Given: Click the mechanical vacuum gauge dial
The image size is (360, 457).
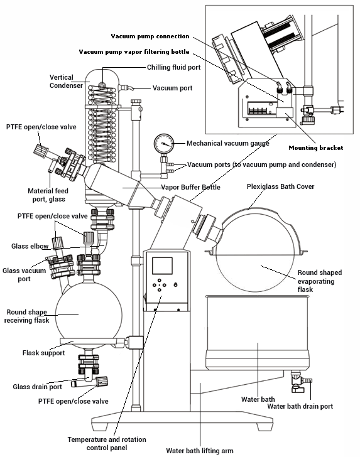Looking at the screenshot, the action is coord(163,144).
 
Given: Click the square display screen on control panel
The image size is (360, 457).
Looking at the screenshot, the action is coord(162,266).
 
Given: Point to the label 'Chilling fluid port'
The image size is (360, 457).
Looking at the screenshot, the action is coord(173,67).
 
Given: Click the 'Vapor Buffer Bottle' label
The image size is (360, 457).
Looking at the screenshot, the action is coord(190,187).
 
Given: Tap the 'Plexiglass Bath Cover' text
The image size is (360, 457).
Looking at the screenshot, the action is coord(280,186).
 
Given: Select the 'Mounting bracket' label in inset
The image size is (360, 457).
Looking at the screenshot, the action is coord(315,148).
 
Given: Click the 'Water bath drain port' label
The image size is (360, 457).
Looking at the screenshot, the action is coord(300,406).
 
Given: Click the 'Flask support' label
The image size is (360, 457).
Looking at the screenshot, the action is coord(44,353).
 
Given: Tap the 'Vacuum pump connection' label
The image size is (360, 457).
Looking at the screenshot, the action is coord(150,36).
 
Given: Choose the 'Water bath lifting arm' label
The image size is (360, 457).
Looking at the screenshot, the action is coord(200,451).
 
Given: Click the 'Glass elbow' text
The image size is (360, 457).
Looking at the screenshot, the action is coord(30,246).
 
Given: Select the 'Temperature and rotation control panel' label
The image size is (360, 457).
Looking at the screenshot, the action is coord(107,443).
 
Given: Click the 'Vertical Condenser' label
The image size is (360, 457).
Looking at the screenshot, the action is coord(66,82).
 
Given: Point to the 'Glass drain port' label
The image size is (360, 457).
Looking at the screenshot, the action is coord(37,387).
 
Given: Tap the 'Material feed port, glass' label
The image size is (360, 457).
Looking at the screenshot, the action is coord(48,195).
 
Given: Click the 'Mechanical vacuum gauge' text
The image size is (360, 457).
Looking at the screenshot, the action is coord(228,143).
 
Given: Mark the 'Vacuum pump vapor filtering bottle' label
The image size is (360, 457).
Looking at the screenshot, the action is coord(134,52).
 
